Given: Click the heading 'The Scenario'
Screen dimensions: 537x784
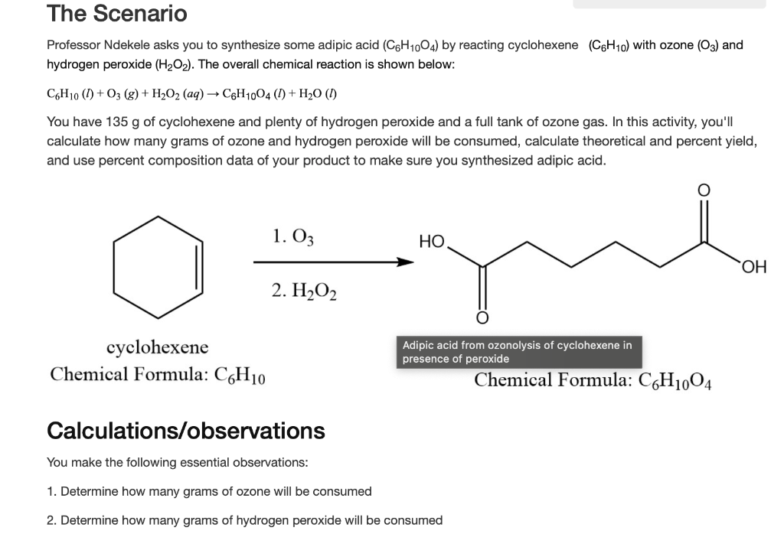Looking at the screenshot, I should [116, 14].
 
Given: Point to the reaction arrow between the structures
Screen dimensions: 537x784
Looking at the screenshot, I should [333, 262].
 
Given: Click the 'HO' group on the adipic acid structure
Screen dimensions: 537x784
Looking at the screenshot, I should [432, 242].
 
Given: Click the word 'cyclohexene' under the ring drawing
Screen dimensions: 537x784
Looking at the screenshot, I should [157, 348].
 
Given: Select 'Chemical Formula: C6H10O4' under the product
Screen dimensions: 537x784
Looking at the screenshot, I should [594, 380].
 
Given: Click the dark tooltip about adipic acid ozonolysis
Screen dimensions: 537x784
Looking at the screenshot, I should [518, 352].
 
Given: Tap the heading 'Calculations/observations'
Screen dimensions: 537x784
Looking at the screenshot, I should [186, 431].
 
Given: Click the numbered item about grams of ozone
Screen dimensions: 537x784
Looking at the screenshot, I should [209, 491].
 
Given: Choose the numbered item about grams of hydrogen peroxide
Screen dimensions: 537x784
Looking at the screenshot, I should [244, 520].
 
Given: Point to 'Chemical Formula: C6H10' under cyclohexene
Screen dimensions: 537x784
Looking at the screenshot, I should [158, 375].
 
